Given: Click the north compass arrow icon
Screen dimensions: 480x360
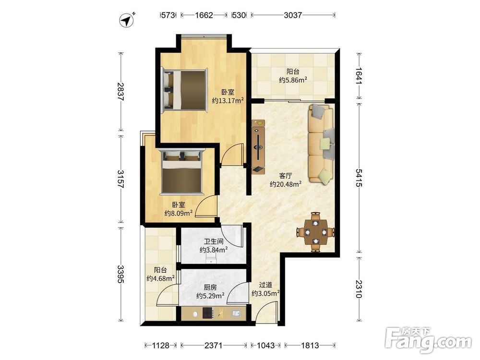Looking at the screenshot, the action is tap(127, 20).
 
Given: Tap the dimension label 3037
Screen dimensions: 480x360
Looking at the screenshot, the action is tap(293, 15).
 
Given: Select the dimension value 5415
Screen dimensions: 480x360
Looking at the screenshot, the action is tap(359, 178).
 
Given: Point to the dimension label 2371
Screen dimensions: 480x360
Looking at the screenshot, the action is tap(214, 345).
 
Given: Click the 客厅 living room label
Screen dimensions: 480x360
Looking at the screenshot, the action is tap(285, 176).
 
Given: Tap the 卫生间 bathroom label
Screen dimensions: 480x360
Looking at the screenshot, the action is tap(214, 241).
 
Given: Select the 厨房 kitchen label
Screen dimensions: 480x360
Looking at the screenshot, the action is tap(210, 288).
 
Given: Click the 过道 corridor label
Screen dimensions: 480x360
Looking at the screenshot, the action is tap(265, 285).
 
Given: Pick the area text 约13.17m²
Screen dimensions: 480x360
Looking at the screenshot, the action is tap(228, 100).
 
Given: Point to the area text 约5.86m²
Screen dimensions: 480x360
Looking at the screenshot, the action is tap(293, 80).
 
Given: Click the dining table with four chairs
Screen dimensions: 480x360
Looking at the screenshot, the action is tap(315, 232).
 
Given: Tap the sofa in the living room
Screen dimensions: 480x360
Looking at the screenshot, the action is tap(321, 144).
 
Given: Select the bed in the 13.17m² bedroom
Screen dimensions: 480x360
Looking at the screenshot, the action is tap(185, 89).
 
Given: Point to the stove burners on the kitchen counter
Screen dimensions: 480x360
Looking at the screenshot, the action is tap(208, 313).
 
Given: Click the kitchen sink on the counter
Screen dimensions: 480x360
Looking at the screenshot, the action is tap(236, 313).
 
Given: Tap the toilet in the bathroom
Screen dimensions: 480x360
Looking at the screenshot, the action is tap(211, 260).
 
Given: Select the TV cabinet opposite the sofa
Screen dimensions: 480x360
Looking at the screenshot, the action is tap(259, 146).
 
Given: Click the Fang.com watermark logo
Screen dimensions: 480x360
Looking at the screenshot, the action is tap(428, 340).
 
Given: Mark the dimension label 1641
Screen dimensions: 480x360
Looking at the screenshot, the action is tap(359, 76).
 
